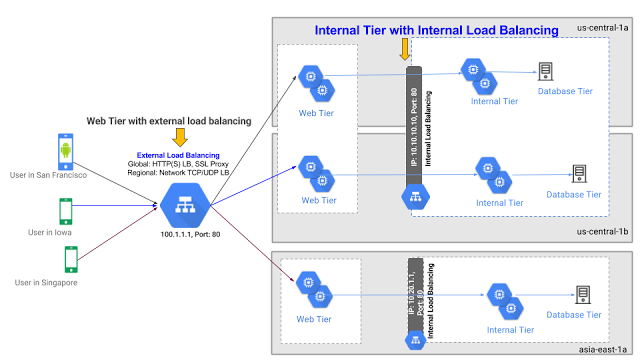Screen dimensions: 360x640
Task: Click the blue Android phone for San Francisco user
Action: click(x=65, y=150)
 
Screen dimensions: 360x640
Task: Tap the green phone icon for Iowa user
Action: click(x=65, y=210)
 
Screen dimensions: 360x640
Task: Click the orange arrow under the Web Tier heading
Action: click(x=180, y=136)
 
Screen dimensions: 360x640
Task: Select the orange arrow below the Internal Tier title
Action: click(x=404, y=48)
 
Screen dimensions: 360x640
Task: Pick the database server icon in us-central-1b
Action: click(x=578, y=173)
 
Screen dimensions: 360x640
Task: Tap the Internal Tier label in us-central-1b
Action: click(x=499, y=202)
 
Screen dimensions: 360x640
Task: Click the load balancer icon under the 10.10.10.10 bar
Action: click(x=416, y=197)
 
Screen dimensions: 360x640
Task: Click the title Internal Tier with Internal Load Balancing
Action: click(x=436, y=31)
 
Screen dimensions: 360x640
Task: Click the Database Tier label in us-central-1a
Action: click(x=565, y=92)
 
